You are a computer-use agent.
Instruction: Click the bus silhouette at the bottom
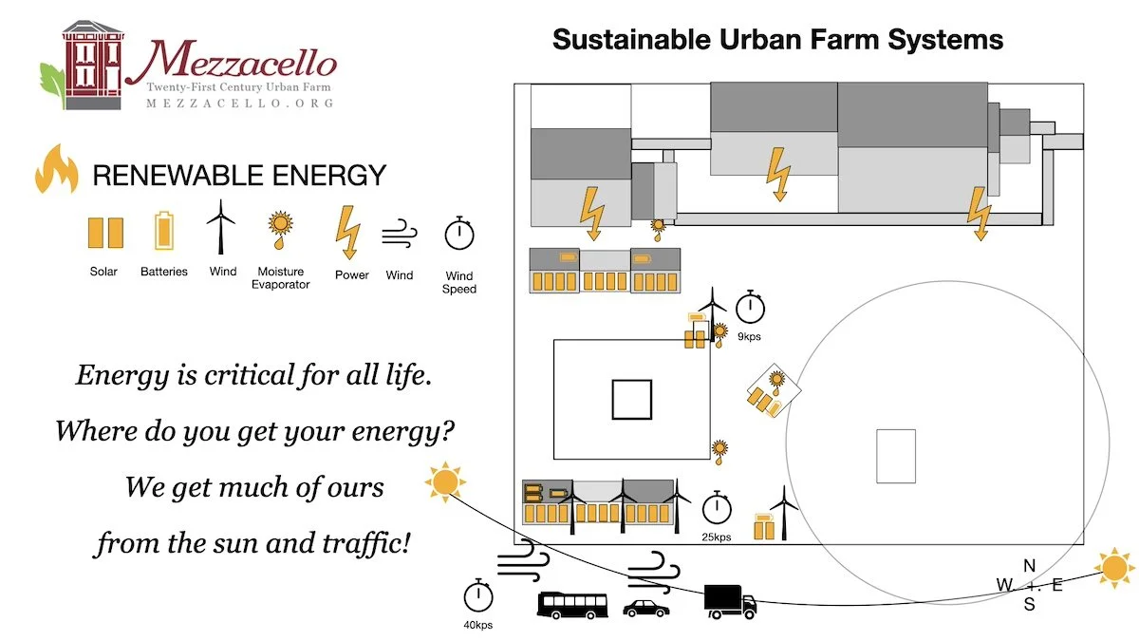[572, 605]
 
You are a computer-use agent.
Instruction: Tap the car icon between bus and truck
[645, 608]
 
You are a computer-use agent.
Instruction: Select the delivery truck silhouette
[730, 601]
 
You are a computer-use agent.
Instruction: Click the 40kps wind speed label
[478, 625]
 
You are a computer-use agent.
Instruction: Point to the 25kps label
[717, 537]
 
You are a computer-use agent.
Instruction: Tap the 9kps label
[749, 336]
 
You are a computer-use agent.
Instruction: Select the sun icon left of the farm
[444, 481]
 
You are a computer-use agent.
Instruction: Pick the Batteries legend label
[164, 272]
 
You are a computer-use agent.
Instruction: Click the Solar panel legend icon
[104, 234]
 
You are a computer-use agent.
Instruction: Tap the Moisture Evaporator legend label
[280, 278]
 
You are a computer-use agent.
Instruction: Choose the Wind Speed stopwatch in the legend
[459, 234]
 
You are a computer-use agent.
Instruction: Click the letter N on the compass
[1029, 566]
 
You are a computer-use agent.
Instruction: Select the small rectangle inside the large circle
[895, 456]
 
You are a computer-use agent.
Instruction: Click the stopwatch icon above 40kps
[478, 596]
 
